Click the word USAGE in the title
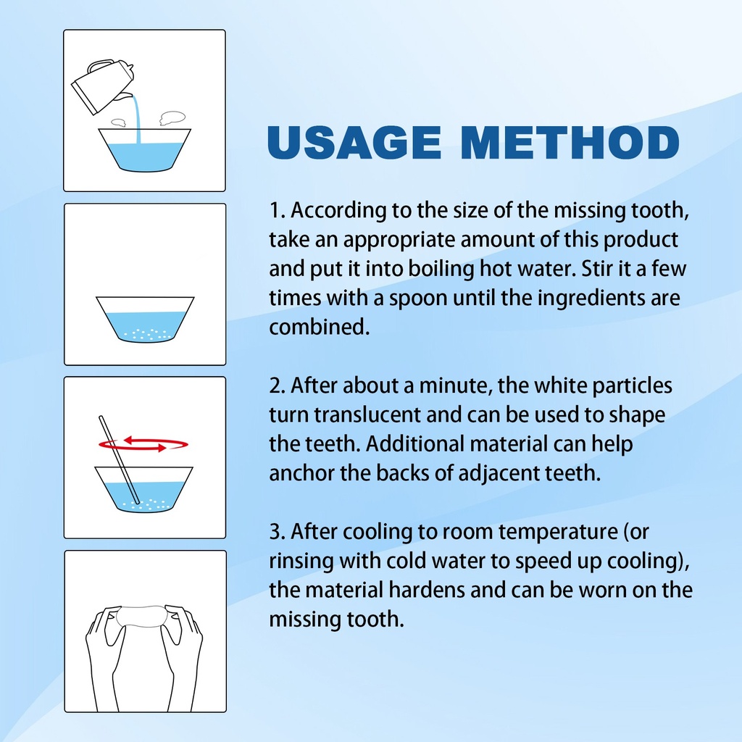pos(354,143)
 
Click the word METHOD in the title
pos(570,143)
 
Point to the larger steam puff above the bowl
pos(172,118)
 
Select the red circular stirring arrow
pos(143,444)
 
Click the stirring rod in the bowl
pos(119,459)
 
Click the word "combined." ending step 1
pos(319,327)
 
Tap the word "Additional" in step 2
pos(414,444)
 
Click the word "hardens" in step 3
pos(427,590)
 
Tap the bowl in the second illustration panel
pos(145,319)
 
